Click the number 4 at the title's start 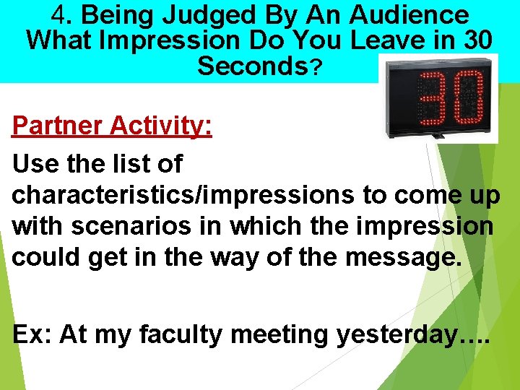(x=60, y=14)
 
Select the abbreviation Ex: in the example (x=32, y=334)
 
